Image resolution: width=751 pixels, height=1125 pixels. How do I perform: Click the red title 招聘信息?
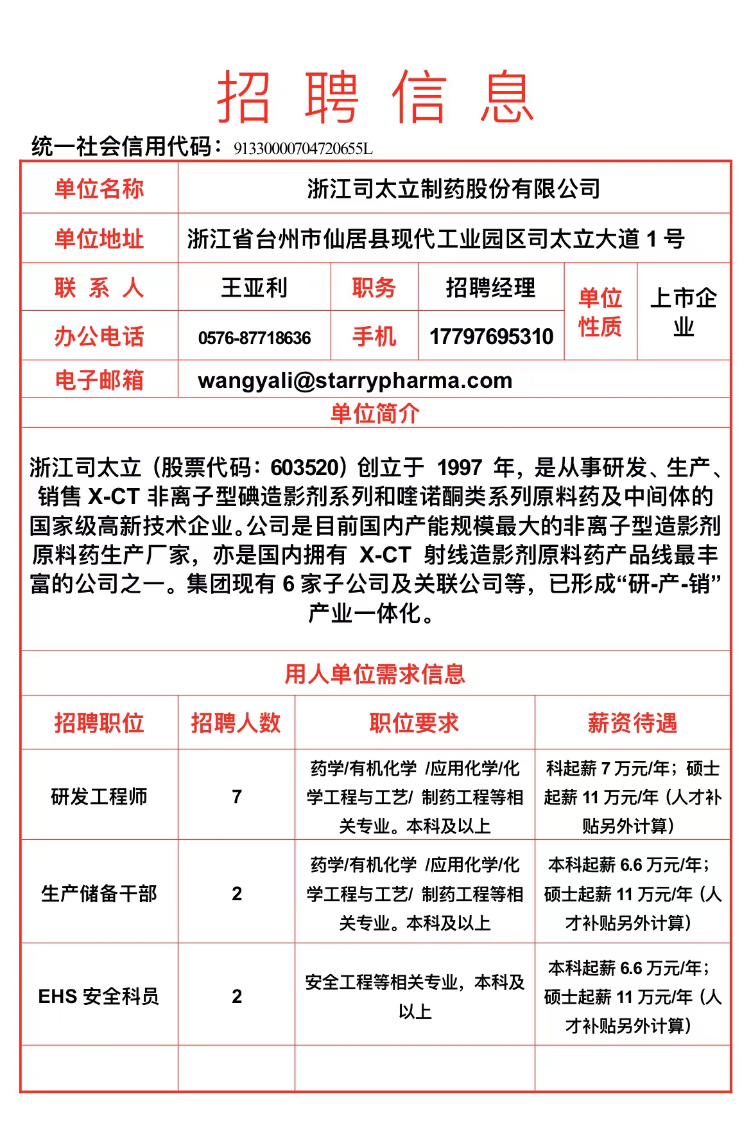pyautogui.click(x=376, y=97)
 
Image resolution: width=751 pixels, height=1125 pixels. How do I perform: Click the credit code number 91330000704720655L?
pyautogui.click(x=303, y=149)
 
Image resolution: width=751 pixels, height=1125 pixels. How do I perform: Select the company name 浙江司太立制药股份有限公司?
pyautogui.click(x=453, y=189)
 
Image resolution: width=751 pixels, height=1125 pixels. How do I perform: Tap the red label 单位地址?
pyautogui.click(x=99, y=239)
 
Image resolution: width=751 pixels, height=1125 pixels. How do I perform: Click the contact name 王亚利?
pyautogui.click(x=254, y=288)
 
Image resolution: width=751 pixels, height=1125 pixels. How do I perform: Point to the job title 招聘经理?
pyautogui.click(x=490, y=288)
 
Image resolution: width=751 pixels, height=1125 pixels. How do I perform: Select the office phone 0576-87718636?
pyautogui.click(x=254, y=338)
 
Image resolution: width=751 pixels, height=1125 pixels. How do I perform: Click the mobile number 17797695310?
pyautogui.click(x=491, y=336)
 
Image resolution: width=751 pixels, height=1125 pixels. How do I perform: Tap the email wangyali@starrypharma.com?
pyautogui.click(x=355, y=380)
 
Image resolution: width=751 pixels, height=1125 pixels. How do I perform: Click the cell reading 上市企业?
pyautogui.click(x=683, y=312)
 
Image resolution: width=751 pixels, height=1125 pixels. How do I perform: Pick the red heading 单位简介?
pyautogui.click(x=376, y=414)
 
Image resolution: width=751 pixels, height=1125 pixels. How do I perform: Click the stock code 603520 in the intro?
pyautogui.click(x=304, y=467)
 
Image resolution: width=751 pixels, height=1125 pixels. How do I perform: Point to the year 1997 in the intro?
pyautogui.click(x=460, y=467)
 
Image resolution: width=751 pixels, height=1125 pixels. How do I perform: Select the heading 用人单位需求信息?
pyautogui.click(x=376, y=674)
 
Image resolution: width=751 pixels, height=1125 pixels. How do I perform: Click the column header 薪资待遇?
pyautogui.click(x=632, y=723)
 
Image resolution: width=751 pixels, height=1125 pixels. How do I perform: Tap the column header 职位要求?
pyautogui.click(x=415, y=723)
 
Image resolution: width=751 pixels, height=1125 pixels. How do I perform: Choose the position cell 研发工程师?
pyautogui.click(x=99, y=797)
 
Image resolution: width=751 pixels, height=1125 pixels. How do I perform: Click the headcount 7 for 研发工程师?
pyautogui.click(x=237, y=797)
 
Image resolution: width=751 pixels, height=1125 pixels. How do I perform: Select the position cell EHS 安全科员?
pyautogui.click(x=99, y=996)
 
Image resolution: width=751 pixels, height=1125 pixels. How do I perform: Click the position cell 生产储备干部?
pyautogui.click(x=99, y=893)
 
